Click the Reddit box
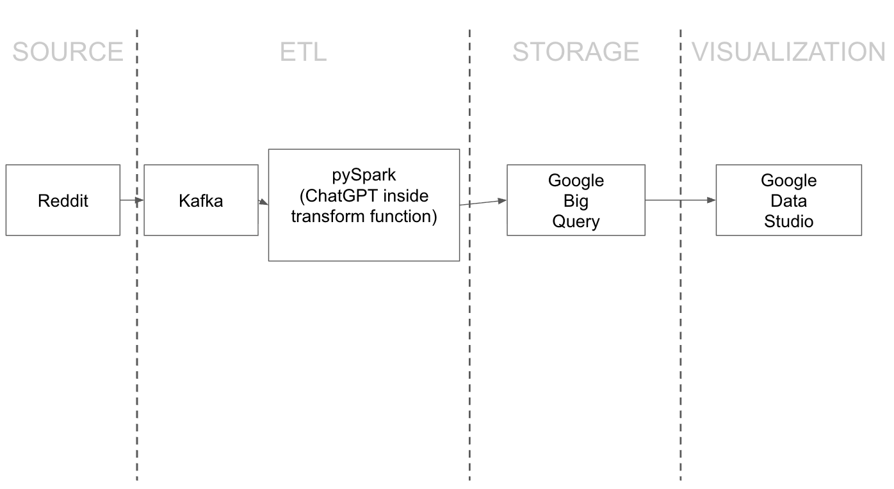tap(63, 200)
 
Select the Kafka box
tap(200, 200)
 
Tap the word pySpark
tap(364, 175)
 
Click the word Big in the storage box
tap(576, 201)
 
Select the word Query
tap(576, 221)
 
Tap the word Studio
tap(788, 221)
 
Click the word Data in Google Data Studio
tap(788, 201)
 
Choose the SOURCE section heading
tap(67, 52)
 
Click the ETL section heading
tap(303, 52)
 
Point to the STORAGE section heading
tap(575, 52)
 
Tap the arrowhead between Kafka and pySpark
tap(263, 202)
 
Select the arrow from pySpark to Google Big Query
tap(483, 203)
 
